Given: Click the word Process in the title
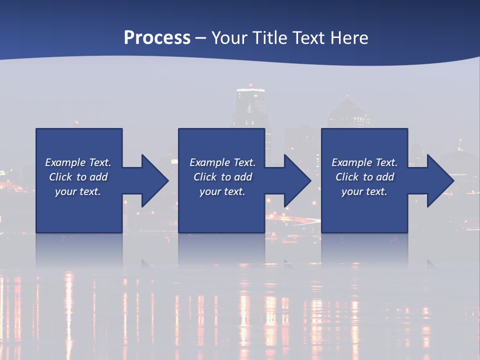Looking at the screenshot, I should [157, 38].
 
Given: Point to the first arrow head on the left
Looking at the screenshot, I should [152, 180].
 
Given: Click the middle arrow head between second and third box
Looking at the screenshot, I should [295, 180].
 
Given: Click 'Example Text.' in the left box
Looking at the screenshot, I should [78, 162].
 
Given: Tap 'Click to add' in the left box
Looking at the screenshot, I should [78, 177].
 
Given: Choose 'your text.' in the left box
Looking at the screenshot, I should [78, 191].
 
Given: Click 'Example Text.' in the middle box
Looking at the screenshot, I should [222, 162].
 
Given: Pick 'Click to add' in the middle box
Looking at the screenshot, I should [222, 177].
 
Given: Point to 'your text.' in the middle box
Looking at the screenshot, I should [222, 191].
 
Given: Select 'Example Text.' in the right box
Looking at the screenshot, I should [364, 162].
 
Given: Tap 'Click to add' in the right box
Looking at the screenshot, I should [364, 177].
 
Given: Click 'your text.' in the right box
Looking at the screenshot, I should [364, 191].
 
